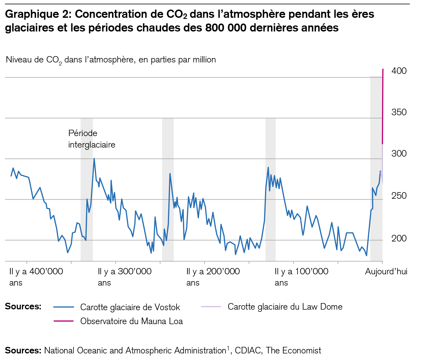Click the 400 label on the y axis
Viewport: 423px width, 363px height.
[399, 71]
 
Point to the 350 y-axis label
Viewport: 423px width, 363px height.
[399, 112]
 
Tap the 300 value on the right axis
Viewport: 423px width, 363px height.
[399, 154]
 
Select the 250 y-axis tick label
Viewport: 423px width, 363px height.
[399, 196]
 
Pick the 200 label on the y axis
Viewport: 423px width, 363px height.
[399, 238]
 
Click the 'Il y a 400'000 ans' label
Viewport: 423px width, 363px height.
[36, 277]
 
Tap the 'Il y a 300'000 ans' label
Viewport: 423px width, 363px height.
[124, 277]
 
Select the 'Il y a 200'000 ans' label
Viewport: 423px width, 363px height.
[213, 277]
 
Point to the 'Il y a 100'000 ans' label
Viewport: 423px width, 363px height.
[301, 277]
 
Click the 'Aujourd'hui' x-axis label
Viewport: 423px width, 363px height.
[386, 272]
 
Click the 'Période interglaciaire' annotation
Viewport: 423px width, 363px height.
[92, 139]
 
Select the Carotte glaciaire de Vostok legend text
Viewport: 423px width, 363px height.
[130, 307]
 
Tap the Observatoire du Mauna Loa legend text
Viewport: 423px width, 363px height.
[131, 321]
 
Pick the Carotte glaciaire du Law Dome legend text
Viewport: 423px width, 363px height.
[285, 307]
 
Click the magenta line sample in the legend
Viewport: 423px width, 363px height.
[64, 321]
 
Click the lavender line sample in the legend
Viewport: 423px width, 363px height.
[211, 307]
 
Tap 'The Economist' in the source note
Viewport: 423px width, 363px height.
[293, 351]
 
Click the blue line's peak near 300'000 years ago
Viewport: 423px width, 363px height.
[94, 159]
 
